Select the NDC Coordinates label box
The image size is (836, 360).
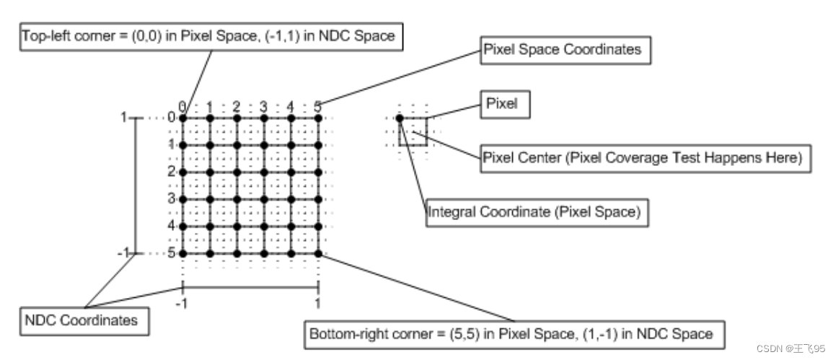[x=84, y=320]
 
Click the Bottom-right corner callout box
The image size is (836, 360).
[x=511, y=335]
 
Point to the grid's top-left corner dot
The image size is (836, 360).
[x=182, y=118]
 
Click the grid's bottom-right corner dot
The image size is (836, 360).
[x=318, y=254]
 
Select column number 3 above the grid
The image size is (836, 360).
[x=263, y=107]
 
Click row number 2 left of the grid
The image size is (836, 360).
[x=172, y=172]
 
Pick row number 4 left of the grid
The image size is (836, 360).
[x=172, y=227]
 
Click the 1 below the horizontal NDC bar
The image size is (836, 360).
[x=318, y=303]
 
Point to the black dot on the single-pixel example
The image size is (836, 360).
[x=399, y=118]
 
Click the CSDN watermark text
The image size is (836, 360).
[x=791, y=348]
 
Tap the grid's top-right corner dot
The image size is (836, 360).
[x=318, y=118]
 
